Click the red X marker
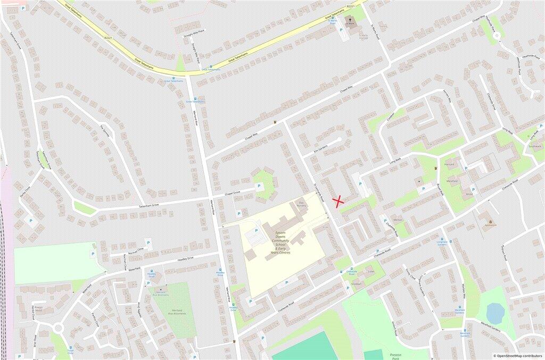click(338, 201)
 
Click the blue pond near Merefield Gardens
click(495, 313)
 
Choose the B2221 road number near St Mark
click(350, 5)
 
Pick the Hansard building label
click(449, 165)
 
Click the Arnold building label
click(469, 194)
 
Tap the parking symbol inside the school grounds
click(256, 230)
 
